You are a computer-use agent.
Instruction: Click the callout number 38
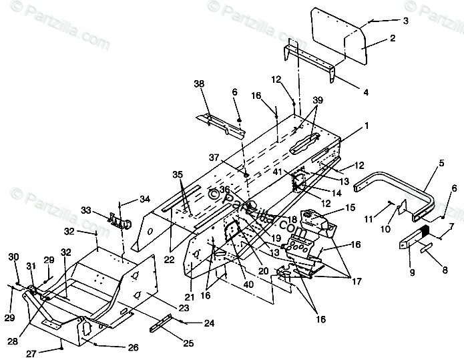[198, 84]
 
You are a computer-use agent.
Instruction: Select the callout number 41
[276, 172]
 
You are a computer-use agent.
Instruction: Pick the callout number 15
[349, 208]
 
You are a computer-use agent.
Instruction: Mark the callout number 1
[347, 125]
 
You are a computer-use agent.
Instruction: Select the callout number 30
[13, 257]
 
